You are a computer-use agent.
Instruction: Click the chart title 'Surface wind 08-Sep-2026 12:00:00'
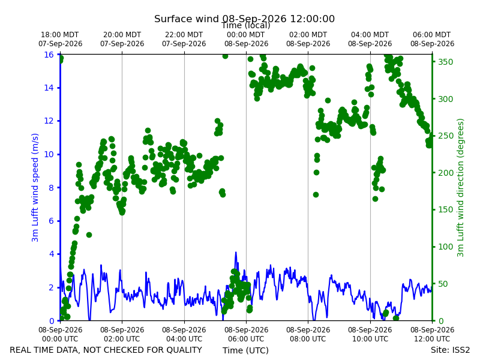(244, 19)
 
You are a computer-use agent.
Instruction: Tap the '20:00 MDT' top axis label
(122, 35)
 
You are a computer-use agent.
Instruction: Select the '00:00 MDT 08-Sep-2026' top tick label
(246, 39)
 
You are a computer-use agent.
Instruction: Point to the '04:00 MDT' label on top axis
(370, 35)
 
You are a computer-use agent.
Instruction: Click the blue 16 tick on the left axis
(49, 55)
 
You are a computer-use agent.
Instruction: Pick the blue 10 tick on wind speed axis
(49, 154)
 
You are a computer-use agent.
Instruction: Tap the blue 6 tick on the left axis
(51, 221)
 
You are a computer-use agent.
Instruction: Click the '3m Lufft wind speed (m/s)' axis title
(35, 187)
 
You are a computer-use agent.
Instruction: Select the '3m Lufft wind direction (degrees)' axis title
(460, 188)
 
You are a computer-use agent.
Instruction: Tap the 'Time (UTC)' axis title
(245, 350)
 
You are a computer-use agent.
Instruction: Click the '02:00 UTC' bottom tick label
(122, 339)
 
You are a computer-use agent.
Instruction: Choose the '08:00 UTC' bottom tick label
(308, 339)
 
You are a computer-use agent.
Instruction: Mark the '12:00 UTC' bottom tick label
(432, 339)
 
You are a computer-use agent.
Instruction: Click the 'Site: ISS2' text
(451, 350)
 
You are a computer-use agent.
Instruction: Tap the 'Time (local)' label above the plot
(246, 26)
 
